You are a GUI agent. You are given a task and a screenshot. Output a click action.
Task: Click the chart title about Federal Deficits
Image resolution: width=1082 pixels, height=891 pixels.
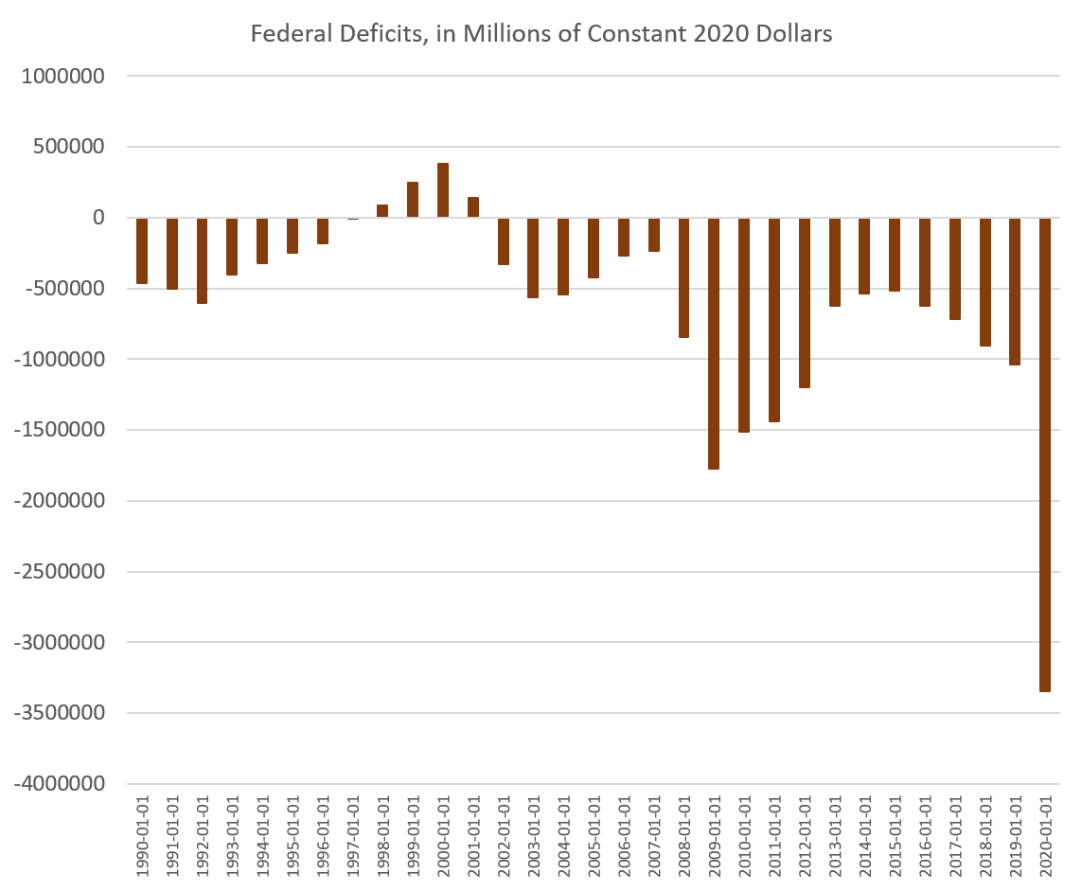pos(541,35)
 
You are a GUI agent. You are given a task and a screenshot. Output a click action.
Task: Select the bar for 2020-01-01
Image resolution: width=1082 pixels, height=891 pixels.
pos(1045,454)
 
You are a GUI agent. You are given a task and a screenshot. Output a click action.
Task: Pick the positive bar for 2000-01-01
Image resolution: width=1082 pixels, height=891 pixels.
pos(443,190)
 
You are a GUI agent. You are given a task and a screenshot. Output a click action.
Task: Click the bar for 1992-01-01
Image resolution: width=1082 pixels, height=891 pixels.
pos(202,260)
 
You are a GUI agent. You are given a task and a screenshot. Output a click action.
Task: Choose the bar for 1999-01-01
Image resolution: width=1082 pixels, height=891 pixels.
pos(413,200)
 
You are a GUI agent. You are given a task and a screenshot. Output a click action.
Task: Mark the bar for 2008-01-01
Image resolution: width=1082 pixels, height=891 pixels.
pos(683,277)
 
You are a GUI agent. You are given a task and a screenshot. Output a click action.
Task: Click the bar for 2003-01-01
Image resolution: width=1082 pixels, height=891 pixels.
pos(533,258)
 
